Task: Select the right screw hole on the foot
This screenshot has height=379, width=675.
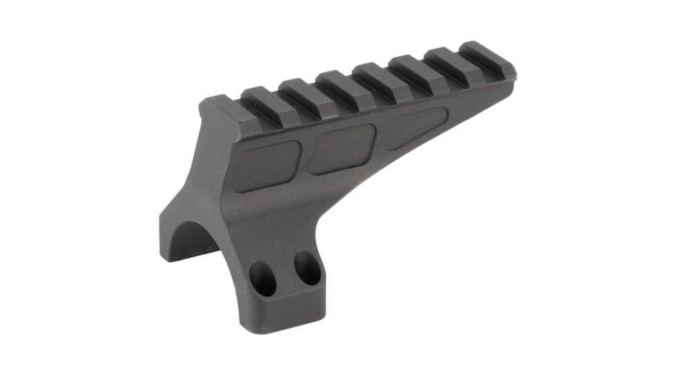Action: (x=306, y=267)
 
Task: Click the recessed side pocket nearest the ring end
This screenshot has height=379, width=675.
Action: (x=266, y=165)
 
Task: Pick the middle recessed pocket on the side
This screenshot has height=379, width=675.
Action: (x=340, y=148)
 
